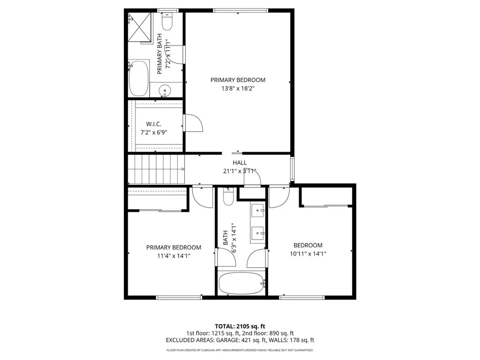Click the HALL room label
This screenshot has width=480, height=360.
pos(240,163)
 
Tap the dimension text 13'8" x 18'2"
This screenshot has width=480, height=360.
pos(238,88)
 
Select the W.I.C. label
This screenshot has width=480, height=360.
pos(154,124)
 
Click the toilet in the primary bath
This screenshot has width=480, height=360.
pos(167,21)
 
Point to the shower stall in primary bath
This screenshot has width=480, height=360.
pos(141,27)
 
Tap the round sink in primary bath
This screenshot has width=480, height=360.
pos(165,90)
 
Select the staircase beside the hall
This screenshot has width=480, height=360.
pos(157,169)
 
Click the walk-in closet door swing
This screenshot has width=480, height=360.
pos(193,123)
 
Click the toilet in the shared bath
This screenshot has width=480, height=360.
pos(228,197)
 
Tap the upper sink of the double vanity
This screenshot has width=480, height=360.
pos(258,212)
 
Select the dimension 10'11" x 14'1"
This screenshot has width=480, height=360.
pos(308,254)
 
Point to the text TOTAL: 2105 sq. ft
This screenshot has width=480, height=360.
pos(240,326)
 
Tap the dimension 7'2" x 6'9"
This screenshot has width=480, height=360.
pos(154,132)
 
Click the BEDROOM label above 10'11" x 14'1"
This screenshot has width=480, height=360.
pos(308,245)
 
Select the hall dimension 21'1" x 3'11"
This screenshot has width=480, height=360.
pos(240,171)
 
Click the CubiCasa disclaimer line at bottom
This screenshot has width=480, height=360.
pos(240,350)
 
